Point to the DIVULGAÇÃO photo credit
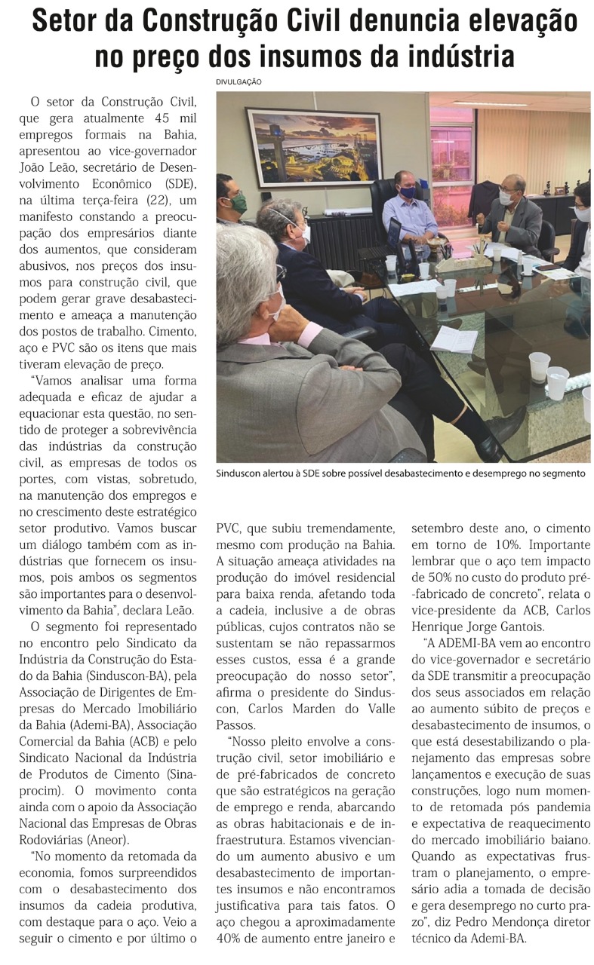click(x=239, y=82)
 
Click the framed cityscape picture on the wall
click(x=314, y=147)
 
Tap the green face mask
click(x=238, y=203)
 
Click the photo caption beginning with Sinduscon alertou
click(x=401, y=473)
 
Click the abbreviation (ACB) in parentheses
click(x=142, y=741)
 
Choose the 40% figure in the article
click(x=230, y=939)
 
